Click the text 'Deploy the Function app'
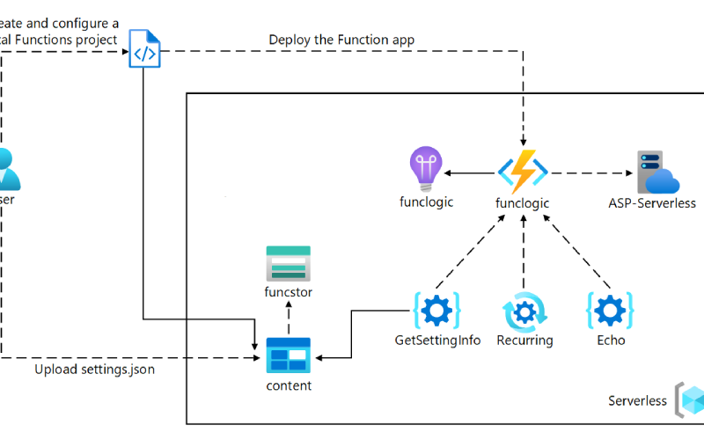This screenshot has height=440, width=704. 341,39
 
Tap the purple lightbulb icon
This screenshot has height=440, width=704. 426,169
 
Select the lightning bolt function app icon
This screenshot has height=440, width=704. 523,171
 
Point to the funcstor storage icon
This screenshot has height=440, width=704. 288,263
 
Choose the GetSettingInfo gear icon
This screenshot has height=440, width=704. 437,311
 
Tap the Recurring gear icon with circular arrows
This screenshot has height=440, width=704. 524,312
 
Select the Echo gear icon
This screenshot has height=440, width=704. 610,311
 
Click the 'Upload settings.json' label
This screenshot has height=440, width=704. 95,370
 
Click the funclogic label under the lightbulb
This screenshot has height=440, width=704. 426,202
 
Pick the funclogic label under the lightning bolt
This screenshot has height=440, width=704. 523,203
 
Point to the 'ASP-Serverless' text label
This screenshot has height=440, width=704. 652,203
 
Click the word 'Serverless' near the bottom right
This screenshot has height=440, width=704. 637,401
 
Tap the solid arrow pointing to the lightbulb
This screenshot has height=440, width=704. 471,172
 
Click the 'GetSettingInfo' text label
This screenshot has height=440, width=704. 437,341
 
